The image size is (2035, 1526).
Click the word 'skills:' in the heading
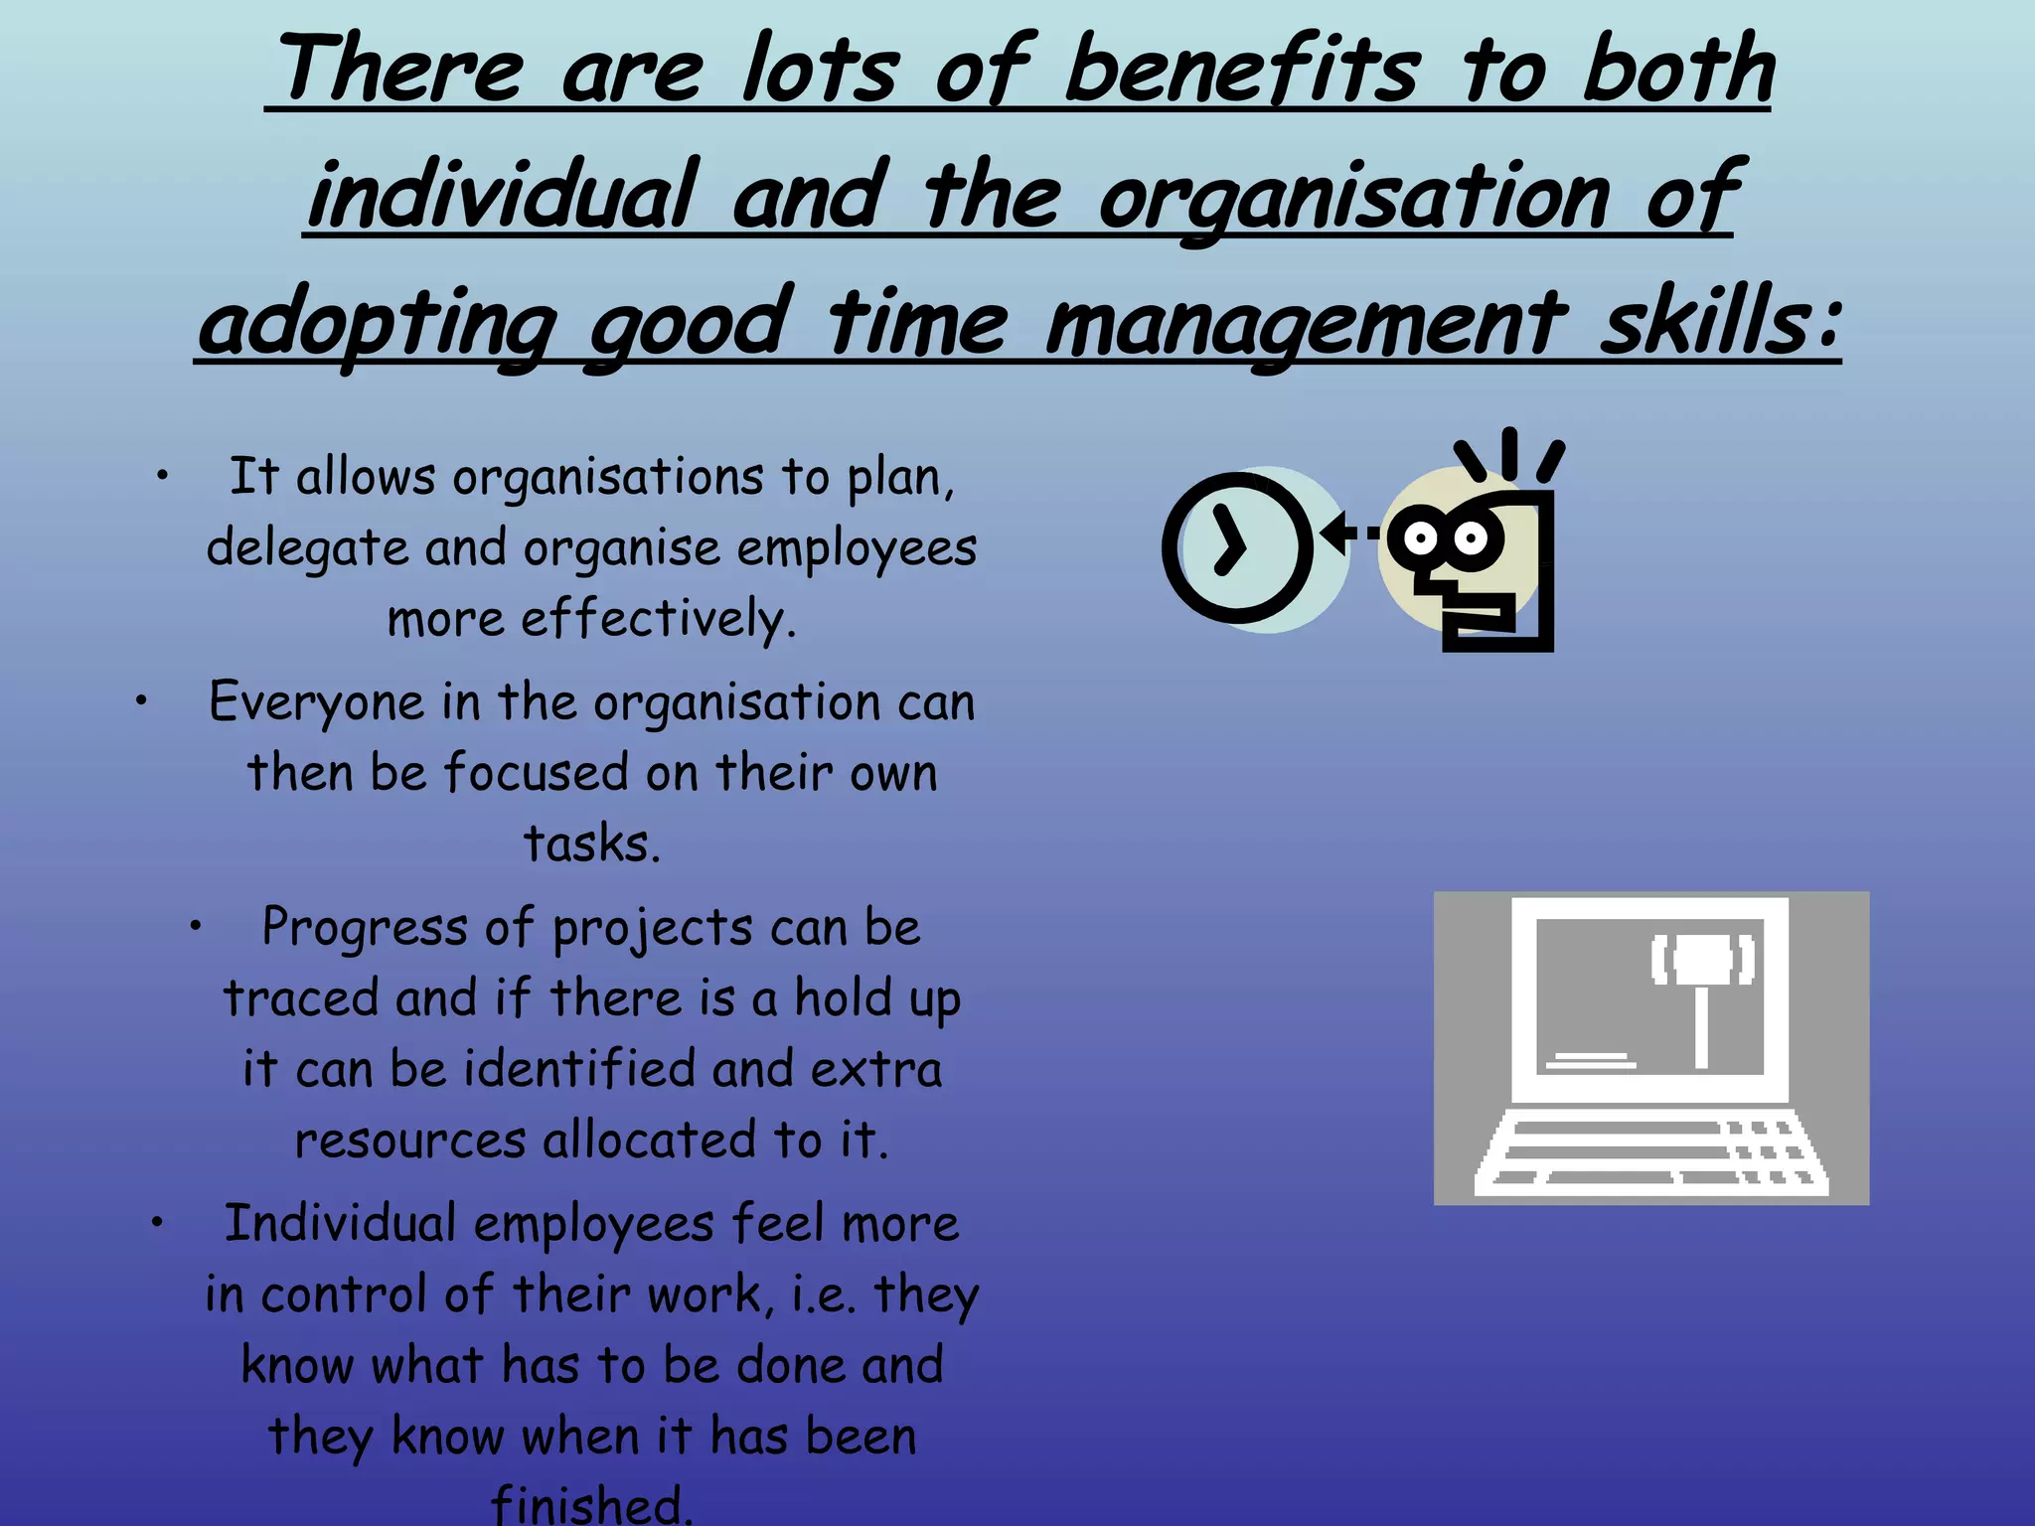coord(1719,324)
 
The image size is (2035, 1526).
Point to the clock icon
coord(1237,547)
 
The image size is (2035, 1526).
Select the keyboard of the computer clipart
coord(1649,1153)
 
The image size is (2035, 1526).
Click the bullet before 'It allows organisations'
coord(163,476)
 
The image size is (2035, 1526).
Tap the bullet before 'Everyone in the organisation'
coord(142,701)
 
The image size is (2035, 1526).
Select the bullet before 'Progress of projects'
coord(197,927)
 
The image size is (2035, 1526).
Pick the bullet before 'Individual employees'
coord(157,1223)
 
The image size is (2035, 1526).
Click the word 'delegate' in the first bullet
coord(307,547)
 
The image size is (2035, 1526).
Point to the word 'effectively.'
coord(658,619)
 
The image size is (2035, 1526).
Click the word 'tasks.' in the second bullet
coord(592,843)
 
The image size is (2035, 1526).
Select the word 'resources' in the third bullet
coord(409,1141)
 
